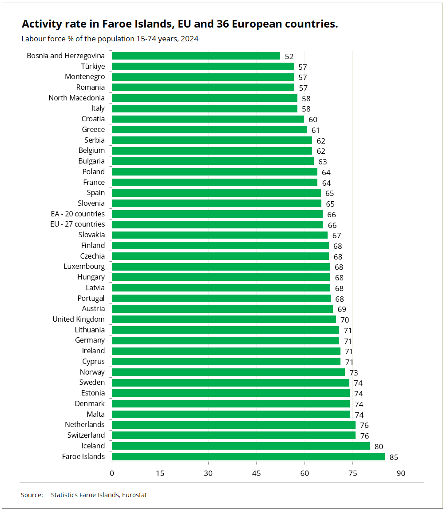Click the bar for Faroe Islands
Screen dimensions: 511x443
248,456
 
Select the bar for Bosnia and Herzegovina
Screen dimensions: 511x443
196,56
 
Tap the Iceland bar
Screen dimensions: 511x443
241,446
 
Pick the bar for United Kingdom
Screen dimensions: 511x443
224,319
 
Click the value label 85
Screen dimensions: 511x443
394,457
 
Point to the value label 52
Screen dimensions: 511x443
289,56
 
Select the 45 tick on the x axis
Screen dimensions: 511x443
256,473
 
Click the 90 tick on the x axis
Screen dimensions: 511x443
401,473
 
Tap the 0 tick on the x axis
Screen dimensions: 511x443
112,473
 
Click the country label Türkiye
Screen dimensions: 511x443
93,66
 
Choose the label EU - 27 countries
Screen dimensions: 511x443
78,224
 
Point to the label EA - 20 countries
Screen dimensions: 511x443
78,214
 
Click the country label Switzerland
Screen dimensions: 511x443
86,435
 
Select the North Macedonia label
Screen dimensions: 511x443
77,98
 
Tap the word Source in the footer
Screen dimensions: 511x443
32,495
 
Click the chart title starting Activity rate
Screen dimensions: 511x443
180,24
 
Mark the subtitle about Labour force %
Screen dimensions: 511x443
110,39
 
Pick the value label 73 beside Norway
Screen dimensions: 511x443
353,373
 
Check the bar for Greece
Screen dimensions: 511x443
209,129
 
